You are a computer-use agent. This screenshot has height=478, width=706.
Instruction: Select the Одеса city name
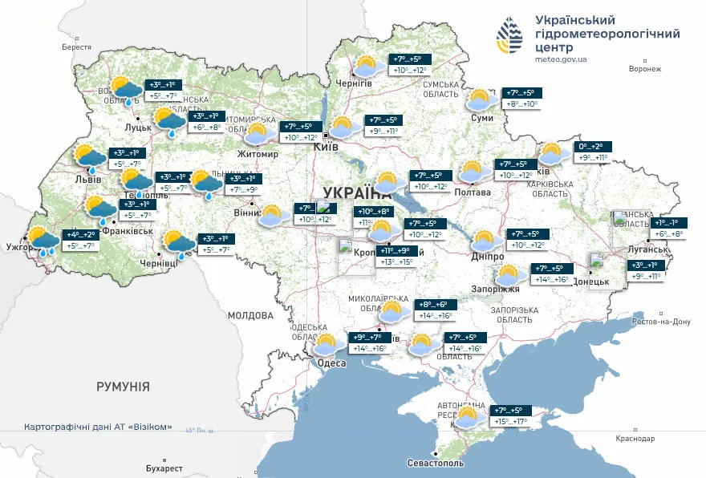[x=331, y=363]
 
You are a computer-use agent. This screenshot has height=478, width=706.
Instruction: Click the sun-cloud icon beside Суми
[x=481, y=100]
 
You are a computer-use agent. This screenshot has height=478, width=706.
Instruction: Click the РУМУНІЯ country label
[x=123, y=387]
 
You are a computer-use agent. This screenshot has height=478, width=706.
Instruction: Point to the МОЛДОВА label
[x=250, y=314]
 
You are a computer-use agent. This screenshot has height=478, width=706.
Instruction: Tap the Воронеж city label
[x=645, y=69]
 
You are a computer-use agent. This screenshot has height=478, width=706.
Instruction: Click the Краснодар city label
[x=635, y=439]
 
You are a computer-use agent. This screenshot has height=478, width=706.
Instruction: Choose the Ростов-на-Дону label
[x=662, y=322]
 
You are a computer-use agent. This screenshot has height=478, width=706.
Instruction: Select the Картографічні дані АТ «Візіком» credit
[x=98, y=427]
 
